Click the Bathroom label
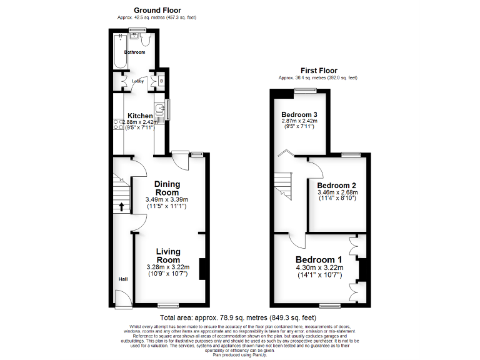(x=134, y=52)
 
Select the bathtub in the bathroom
(x=118, y=51)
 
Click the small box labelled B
(x=161, y=81)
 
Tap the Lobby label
(x=137, y=81)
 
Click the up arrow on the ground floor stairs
(x=120, y=206)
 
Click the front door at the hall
(x=124, y=300)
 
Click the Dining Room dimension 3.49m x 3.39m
(x=167, y=199)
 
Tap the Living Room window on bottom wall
(x=167, y=306)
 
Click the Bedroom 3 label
(x=299, y=115)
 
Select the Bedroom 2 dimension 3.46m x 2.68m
(x=336, y=194)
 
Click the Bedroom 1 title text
(x=319, y=259)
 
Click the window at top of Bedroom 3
(x=304, y=90)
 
